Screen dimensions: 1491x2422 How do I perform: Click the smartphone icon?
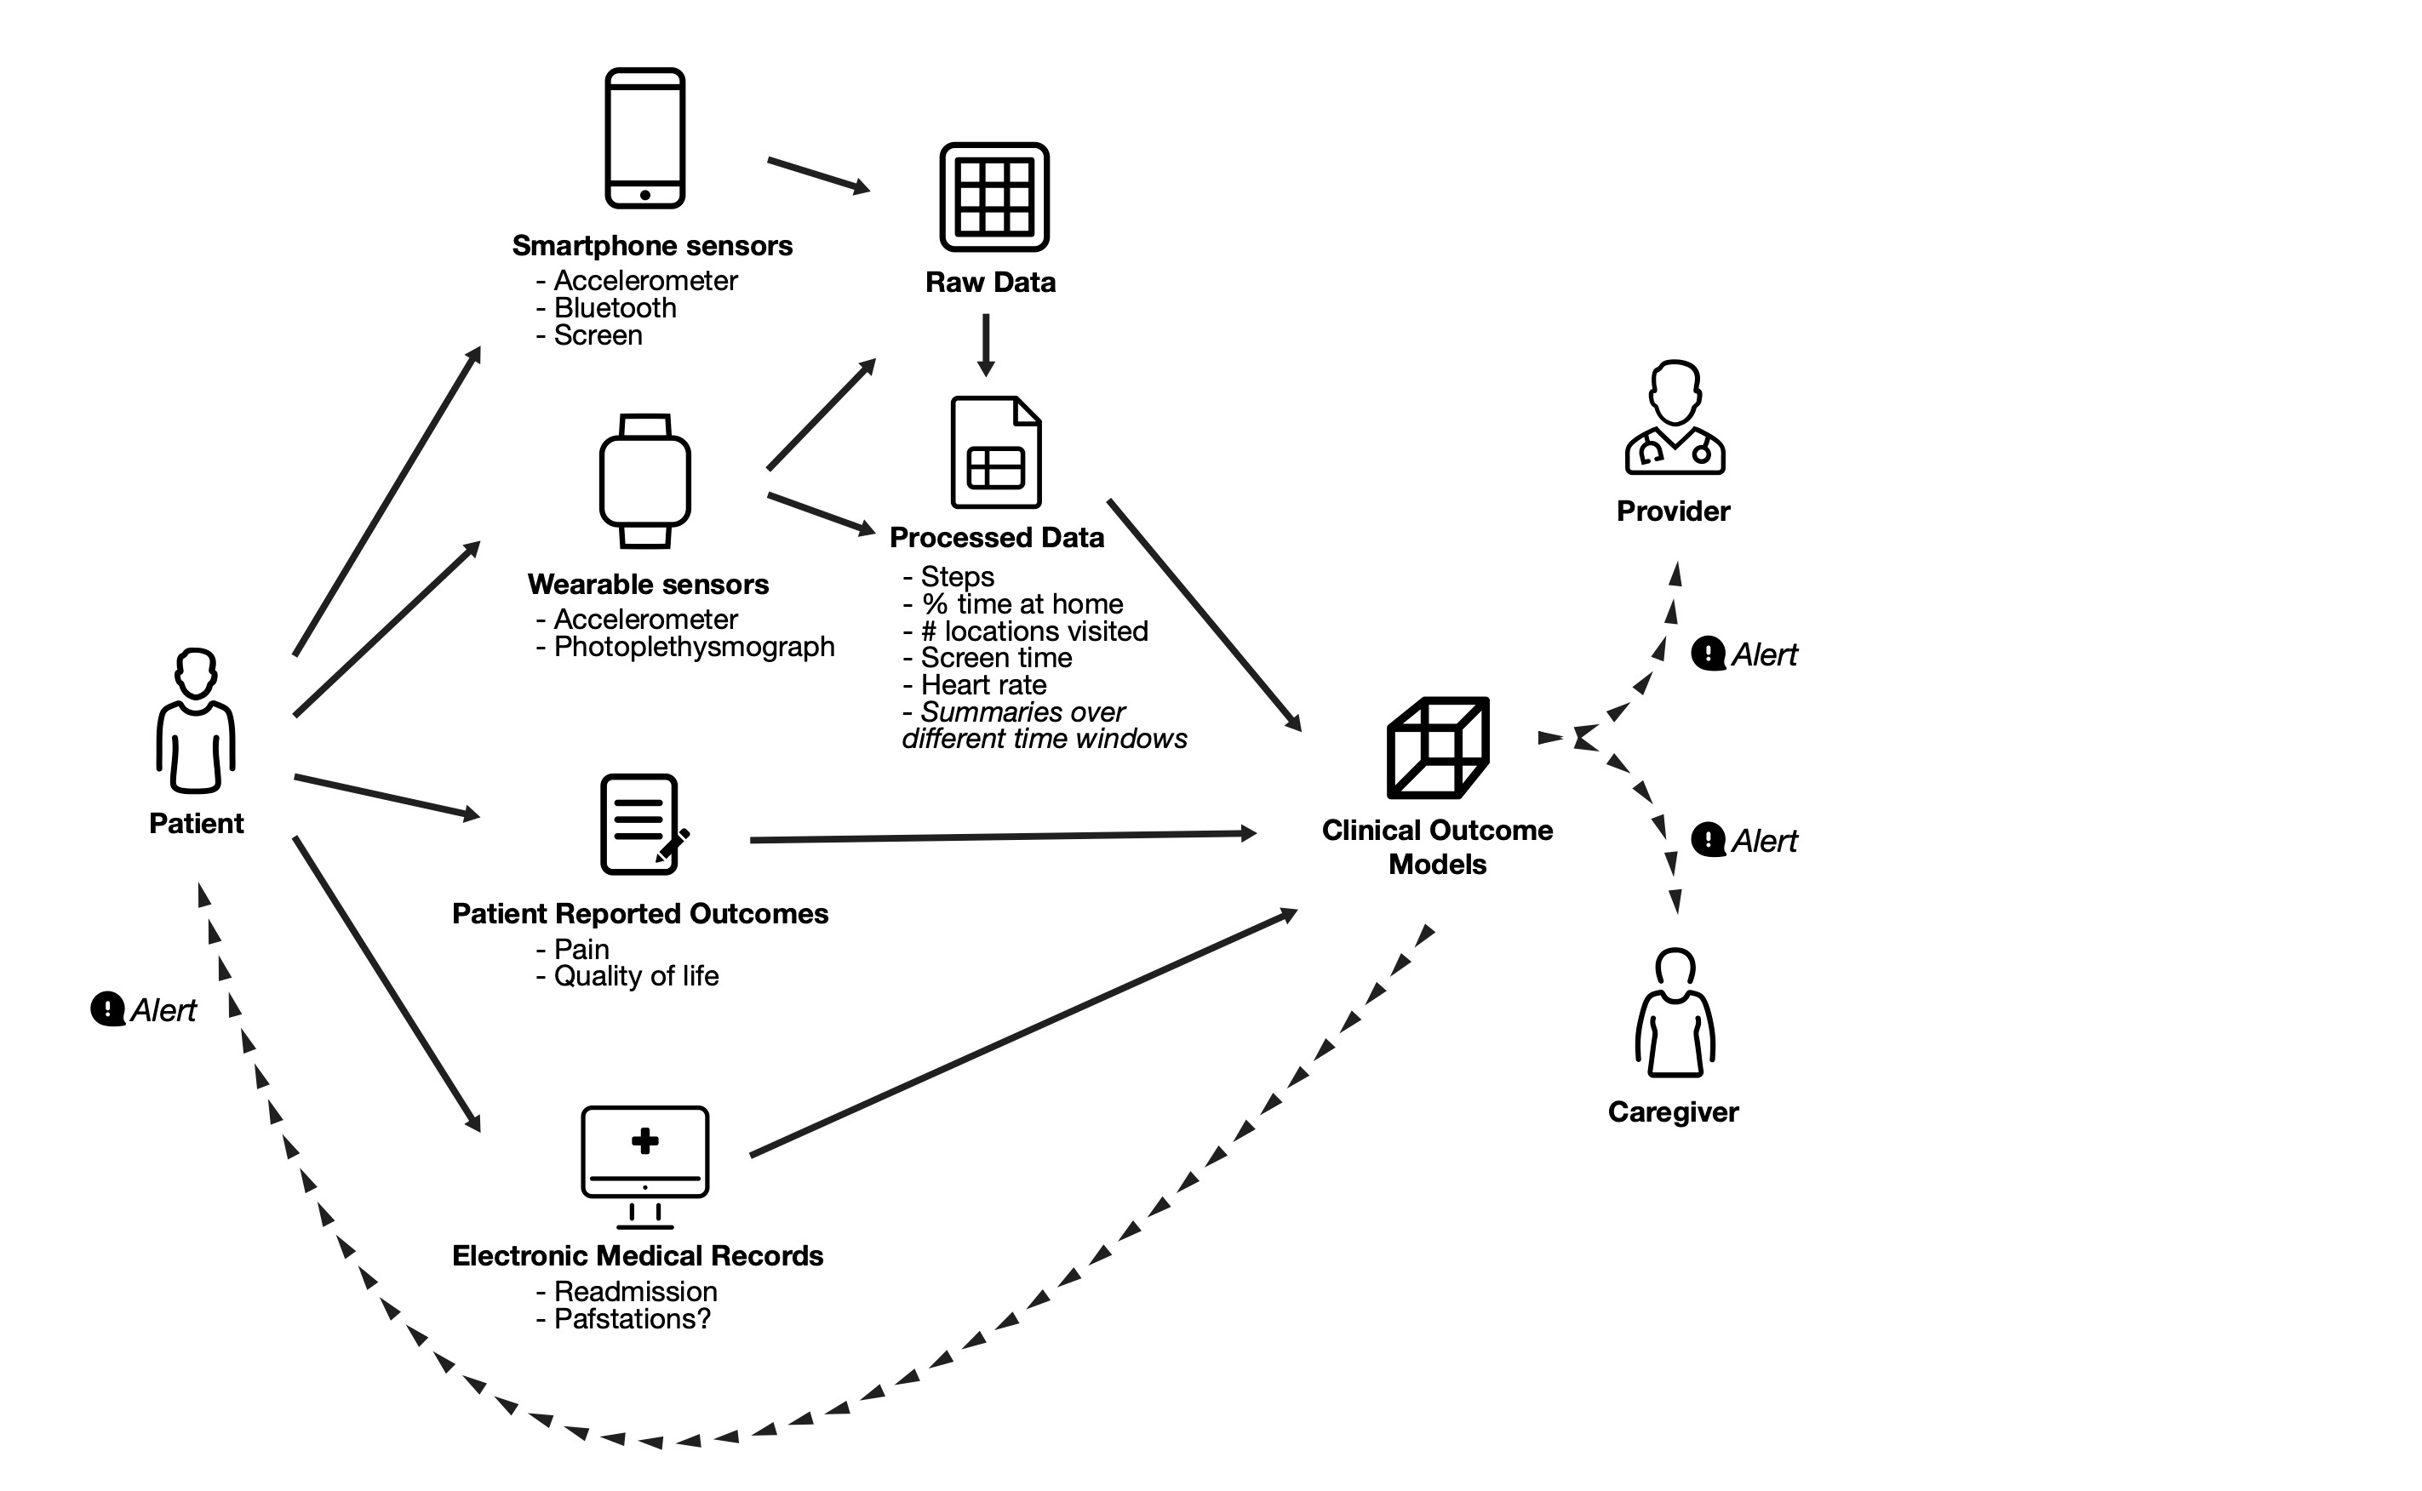[645, 138]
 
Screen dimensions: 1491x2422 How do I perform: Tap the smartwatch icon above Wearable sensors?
[645, 481]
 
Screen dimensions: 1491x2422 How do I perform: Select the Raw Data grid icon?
[994, 197]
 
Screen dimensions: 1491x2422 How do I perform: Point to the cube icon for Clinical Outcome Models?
[1438, 747]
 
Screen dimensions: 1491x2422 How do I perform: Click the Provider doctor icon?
[1675, 418]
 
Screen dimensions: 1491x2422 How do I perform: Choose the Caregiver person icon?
[1675, 1013]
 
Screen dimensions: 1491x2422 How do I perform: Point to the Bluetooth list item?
[615, 308]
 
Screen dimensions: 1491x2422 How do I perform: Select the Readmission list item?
[635, 1291]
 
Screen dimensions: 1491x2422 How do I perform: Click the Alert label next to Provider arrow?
[1763, 654]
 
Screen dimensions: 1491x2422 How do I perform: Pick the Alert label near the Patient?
[163, 1010]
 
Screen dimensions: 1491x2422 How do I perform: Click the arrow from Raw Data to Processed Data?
[985, 346]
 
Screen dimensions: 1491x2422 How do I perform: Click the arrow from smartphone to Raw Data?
[818, 174]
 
